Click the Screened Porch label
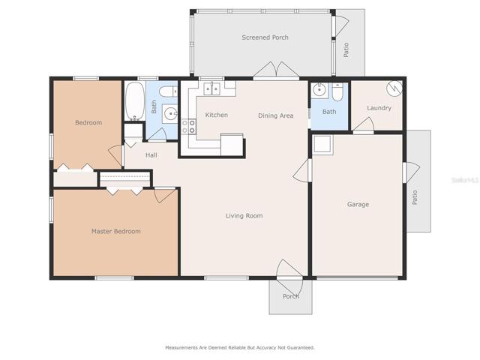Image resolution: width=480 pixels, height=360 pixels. (x=265, y=37)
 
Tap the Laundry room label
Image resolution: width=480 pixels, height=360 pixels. (x=379, y=108)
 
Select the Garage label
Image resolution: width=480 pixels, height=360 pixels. (x=358, y=204)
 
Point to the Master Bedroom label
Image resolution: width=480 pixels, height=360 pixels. (x=116, y=231)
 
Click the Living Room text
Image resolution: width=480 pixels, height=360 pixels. (x=244, y=216)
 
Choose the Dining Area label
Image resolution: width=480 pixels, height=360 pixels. (x=276, y=115)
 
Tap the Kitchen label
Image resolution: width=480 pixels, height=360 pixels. (x=217, y=115)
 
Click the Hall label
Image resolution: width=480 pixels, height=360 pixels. (x=151, y=155)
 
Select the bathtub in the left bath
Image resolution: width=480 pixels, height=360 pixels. (x=135, y=100)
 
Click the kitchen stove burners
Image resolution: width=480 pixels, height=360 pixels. (x=188, y=127)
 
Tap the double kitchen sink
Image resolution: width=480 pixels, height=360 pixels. (x=211, y=88)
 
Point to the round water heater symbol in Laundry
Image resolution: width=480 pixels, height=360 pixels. (x=394, y=88)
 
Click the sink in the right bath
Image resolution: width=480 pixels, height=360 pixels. (x=319, y=90)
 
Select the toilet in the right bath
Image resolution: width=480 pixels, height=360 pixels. (x=338, y=92)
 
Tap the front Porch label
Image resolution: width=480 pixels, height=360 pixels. (x=291, y=296)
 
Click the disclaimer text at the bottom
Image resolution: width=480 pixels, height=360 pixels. (x=240, y=347)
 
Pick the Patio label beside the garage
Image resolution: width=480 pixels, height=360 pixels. (x=415, y=197)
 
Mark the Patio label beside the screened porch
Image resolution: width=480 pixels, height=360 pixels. (x=346, y=50)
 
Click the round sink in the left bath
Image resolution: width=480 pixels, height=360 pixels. (x=169, y=114)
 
